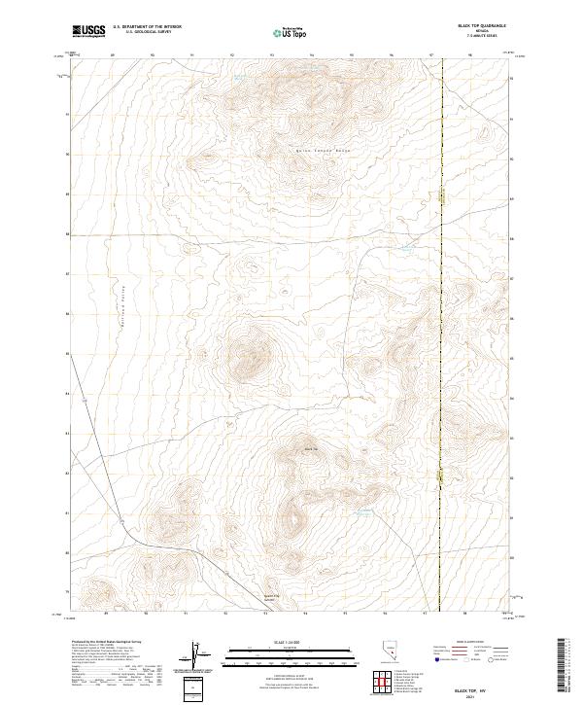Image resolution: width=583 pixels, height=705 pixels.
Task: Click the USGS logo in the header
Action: [x=88, y=31]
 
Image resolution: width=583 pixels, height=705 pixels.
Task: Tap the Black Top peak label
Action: [x=312, y=448]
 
